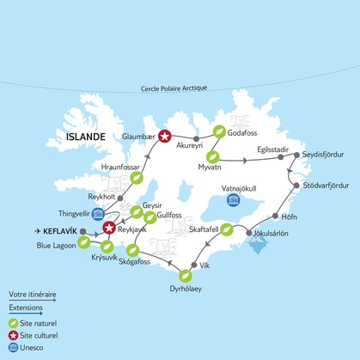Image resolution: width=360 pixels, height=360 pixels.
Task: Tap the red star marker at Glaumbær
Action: [x=164, y=135]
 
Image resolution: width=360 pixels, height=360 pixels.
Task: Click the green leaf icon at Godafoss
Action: [x=220, y=131]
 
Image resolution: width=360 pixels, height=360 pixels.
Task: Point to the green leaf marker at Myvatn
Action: [x=214, y=157]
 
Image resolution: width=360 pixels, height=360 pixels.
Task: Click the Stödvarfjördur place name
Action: [x=327, y=186]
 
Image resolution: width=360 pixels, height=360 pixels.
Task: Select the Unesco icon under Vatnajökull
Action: [x=232, y=200]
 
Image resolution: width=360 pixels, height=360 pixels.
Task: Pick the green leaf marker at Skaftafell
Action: [x=227, y=229]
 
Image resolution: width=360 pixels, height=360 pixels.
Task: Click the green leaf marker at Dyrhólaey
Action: [x=186, y=276]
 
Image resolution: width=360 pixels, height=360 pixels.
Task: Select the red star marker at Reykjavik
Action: [x=109, y=228]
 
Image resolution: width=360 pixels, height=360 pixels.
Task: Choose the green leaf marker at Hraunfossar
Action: [x=136, y=179]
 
